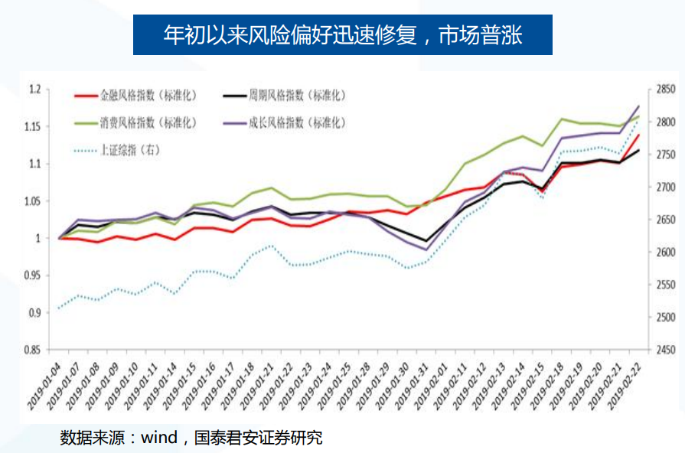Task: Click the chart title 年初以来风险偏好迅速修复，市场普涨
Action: pyautogui.click(x=342, y=34)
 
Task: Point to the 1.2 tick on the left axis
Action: pyautogui.click(x=34, y=90)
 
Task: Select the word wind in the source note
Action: pyautogui.click(x=158, y=438)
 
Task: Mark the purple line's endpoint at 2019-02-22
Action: pyautogui.click(x=638, y=106)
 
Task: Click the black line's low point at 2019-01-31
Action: pyautogui.click(x=426, y=241)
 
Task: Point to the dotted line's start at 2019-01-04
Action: pyautogui.click(x=60, y=308)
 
